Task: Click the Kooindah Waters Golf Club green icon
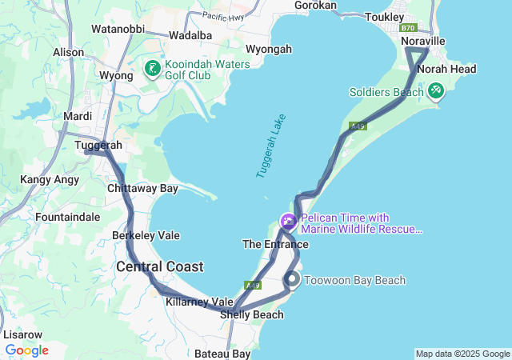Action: [152, 70]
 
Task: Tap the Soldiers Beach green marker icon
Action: [435, 92]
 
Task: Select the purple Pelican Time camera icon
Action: [287, 221]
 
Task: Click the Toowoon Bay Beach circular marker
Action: [293, 280]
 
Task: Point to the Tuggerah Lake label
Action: [270, 146]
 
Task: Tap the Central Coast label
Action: [160, 266]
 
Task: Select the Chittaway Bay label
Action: [142, 189]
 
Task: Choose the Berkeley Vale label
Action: [146, 236]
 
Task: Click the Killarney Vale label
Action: [199, 302]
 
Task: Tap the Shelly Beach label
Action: [252, 314]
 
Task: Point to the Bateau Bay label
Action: [222, 353]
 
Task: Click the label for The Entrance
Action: [275, 243]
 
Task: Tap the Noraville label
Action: [422, 41]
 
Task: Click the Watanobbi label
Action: [117, 28]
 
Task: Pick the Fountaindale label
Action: [68, 217]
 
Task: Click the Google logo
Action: [26, 350]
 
